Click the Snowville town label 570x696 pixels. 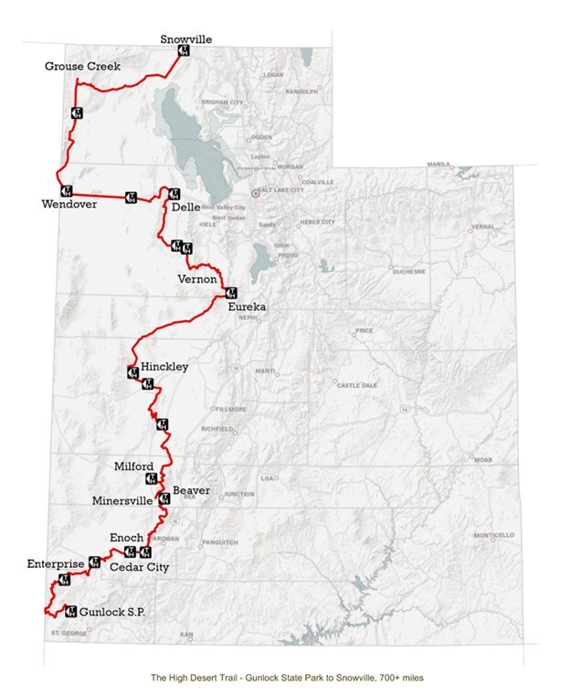tap(185, 39)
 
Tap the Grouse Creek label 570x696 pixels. tap(82, 67)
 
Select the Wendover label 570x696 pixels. tap(68, 203)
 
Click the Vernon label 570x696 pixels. tap(196, 278)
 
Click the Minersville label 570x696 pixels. tap(124, 501)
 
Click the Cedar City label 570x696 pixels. tap(139, 568)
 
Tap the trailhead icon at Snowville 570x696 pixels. tap(183, 52)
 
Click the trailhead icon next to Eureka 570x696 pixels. tap(230, 294)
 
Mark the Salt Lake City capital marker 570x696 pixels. tap(256, 194)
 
